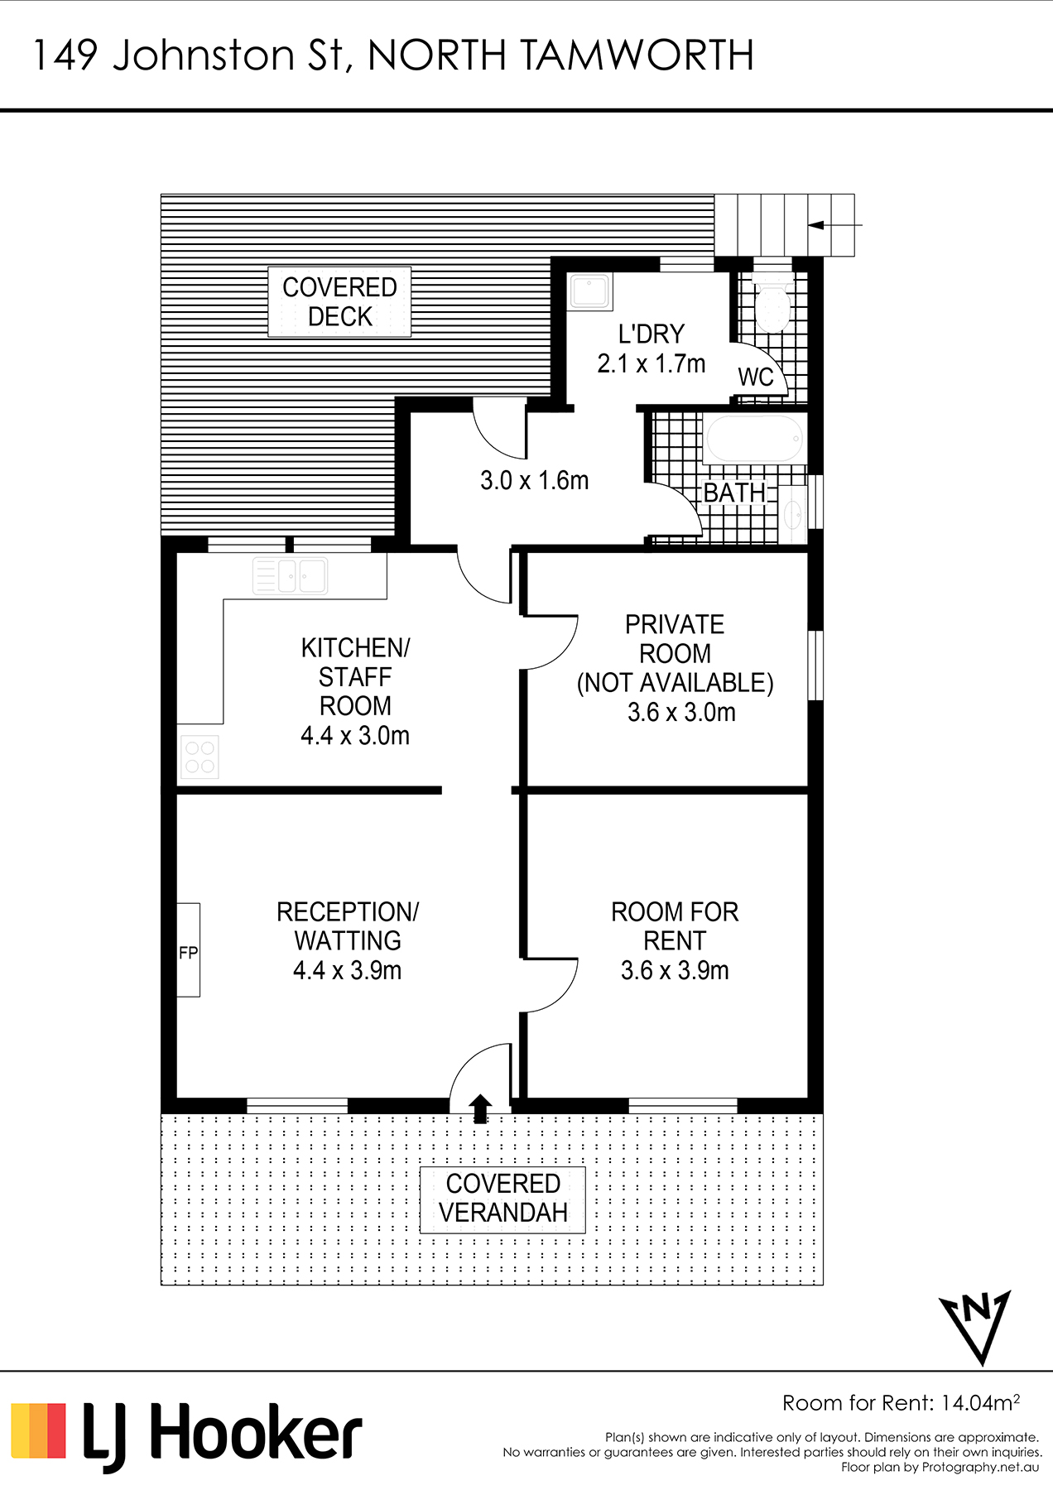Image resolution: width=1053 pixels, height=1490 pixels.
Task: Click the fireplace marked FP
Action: (x=188, y=949)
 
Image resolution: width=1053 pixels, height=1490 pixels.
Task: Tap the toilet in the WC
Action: (x=772, y=305)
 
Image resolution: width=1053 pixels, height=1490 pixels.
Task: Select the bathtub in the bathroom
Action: (x=753, y=438)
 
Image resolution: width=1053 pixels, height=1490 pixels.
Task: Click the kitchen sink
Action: (x=290, y=575)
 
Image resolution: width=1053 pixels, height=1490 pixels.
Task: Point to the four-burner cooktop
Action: (x=200, y=757)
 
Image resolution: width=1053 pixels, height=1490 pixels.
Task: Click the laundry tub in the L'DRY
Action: (x=590, y=291)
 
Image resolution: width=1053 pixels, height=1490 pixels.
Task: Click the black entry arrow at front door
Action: (x=480, y=1108)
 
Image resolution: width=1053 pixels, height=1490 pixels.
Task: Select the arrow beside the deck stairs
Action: (x=835, y=224)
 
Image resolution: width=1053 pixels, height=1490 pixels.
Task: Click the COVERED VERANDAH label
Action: (x=502, y=1198)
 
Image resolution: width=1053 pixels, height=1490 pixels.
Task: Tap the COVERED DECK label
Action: (x=339, y=301)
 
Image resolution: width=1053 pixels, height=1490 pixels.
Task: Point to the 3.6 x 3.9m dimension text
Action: (x=675, y=970)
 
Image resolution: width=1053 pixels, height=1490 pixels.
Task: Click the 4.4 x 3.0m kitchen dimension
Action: (x=354, y=735)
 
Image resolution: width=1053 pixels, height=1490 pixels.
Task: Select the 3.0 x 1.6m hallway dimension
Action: (x=534, y=480)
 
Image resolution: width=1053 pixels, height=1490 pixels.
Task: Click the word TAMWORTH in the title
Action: (x=637, y=55)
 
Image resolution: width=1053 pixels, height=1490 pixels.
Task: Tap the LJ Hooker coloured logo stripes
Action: (x=38, y=1430)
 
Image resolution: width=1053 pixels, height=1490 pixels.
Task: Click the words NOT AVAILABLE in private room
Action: (x=676, y=683)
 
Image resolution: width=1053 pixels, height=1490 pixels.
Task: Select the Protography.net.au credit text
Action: (x=981, y=1468)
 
